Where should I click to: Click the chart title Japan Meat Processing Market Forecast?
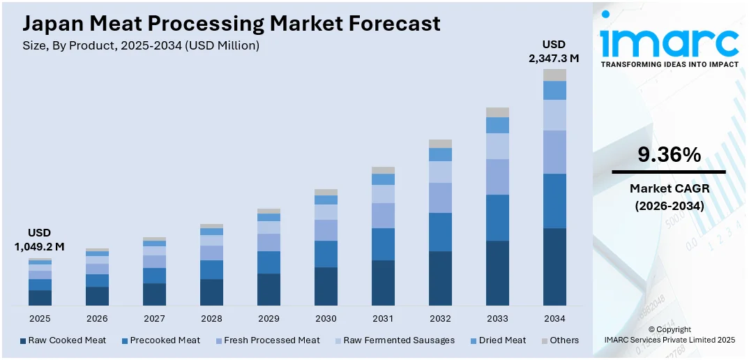click(x=232, y=23)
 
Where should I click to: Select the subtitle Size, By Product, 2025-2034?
click(x=141, y=45)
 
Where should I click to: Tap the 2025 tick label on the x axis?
click(x=40, y=318)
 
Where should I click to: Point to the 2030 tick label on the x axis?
click(x=326, y=318)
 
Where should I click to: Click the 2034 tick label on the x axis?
click(x=554, y=318)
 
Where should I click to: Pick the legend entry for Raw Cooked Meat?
click(x=63, y=340)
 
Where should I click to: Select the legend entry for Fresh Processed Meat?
click(x=266, y=340)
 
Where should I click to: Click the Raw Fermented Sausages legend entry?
click(x=393, y=340)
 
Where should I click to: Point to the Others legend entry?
click(x=560, y=340)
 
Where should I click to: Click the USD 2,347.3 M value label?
click(x=554, y=52)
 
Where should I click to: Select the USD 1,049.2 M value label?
click(x=39, y=239)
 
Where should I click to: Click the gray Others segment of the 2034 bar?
click(x=554, y=75)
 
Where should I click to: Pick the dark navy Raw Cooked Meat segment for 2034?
click(x=554, y=267)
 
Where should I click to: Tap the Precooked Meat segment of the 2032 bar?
click(x=440, y=232)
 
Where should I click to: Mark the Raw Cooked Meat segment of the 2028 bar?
click(x=211, y=292)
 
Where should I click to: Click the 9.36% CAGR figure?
click(x=669, y=155)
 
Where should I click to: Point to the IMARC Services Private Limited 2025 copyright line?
click(x=670, y=340)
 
